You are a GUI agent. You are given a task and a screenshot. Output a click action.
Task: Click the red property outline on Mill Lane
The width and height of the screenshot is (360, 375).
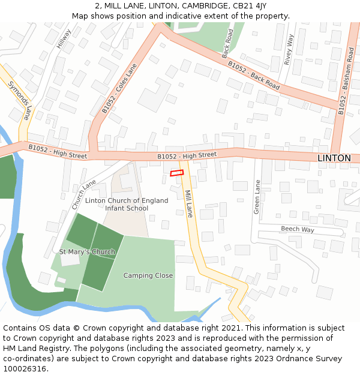click(176, 173)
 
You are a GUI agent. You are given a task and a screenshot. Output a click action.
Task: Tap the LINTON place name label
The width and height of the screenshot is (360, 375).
click(334, 158)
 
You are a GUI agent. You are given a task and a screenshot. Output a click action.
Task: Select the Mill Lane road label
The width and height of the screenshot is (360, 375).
click(189, 203)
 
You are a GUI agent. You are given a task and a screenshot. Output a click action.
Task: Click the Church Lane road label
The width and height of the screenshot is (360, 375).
click(83, 194)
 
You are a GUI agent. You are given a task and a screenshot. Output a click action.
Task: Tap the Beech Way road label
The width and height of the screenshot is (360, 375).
click(298, 229)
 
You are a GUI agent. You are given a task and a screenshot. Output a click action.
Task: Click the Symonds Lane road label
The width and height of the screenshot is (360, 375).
click(19, 100)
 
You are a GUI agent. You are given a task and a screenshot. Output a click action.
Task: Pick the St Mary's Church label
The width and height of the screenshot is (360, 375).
click(87, 252)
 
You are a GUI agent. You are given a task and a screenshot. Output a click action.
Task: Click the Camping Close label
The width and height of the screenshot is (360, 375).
click(148, 275)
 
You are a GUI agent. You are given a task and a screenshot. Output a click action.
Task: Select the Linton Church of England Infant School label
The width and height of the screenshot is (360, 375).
click(118, 204)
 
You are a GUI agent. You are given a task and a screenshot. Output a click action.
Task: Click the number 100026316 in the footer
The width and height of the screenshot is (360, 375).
click(25, 368)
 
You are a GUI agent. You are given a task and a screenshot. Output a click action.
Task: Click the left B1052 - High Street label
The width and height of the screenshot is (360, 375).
click(58, 151)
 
